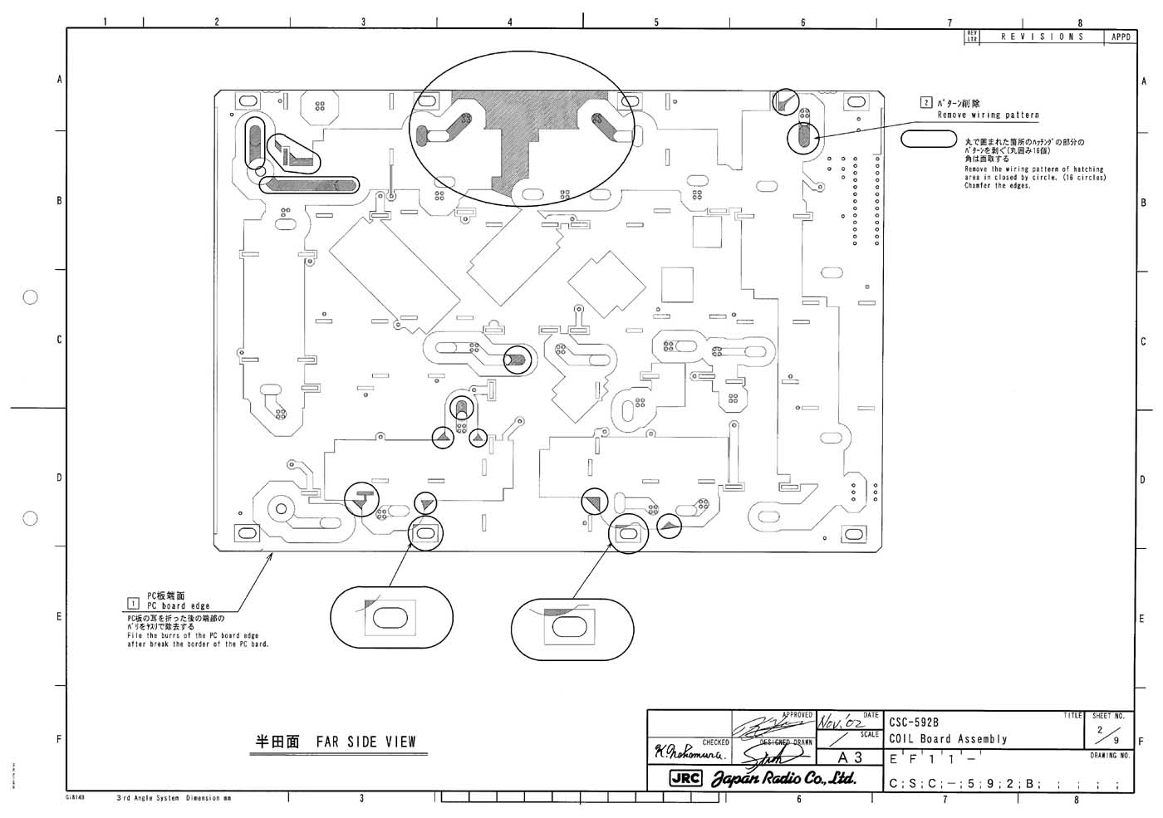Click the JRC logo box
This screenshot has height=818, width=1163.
click(x=685, y=779)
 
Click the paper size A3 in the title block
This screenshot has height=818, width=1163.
click(x=850, y=757)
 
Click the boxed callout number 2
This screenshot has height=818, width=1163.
click(x=926, y=103)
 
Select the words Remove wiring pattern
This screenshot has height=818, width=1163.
click(x=988, y=115)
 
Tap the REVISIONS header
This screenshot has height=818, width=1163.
click(x=1042, y=37)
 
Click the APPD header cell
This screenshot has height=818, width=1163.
click(x=1119, y=37)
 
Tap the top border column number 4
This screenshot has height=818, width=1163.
click(x=509, y=22)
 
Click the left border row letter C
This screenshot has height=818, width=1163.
click(x=59, y=340)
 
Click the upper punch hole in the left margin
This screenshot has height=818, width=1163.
click(x=31, y=296)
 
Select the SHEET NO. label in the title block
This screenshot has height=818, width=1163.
click(x=1108, y=715)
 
